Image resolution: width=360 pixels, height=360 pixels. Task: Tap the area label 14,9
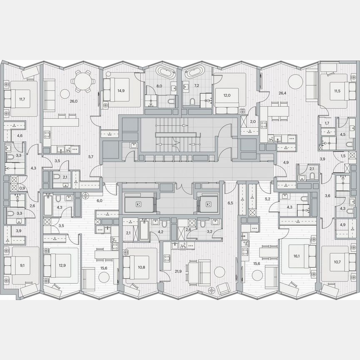(x=121, y=90)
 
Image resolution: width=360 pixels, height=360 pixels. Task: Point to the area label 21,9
(x=178, y=271)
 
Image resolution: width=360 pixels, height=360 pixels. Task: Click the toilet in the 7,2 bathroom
(x=192, y=101)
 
